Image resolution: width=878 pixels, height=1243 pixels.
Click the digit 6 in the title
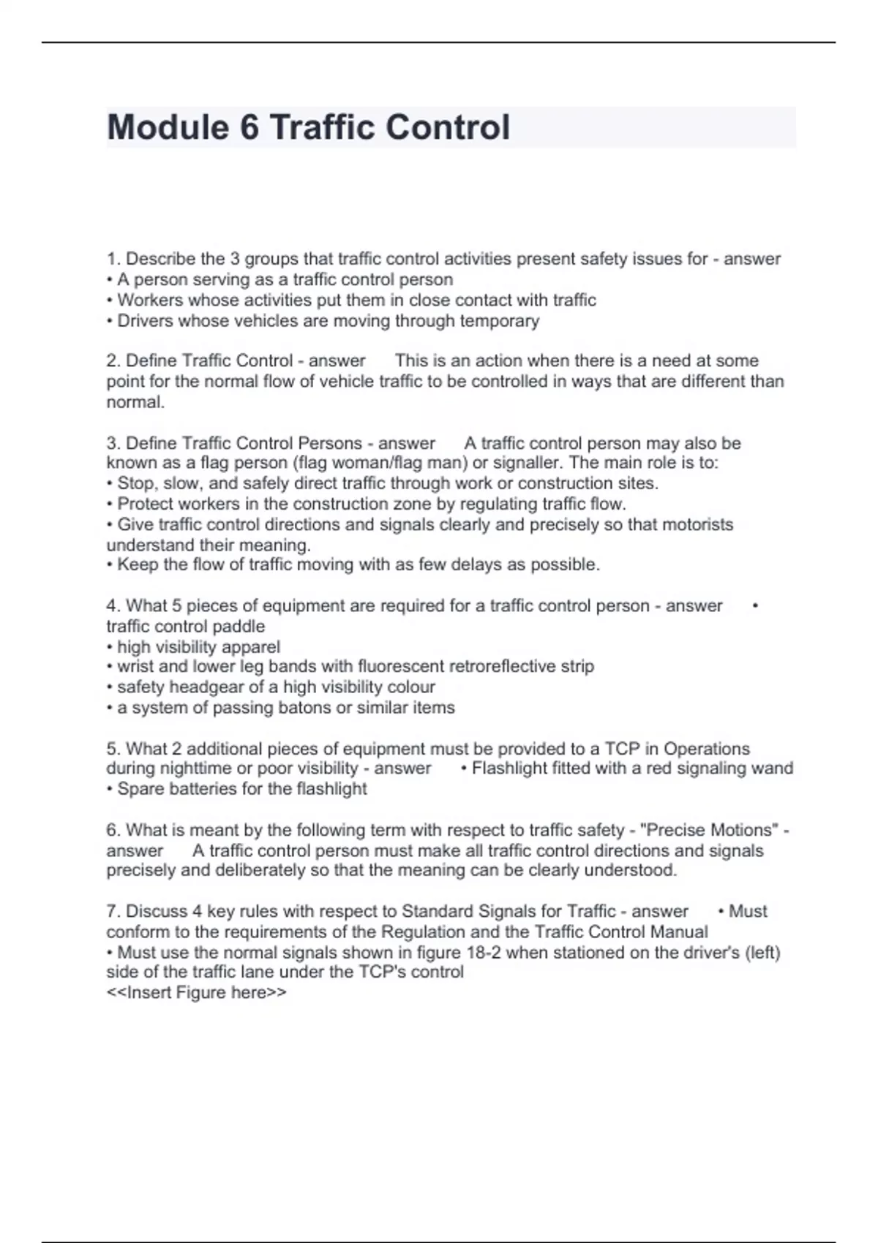coord(249,127)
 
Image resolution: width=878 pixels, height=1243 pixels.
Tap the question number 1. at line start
coord(113,259)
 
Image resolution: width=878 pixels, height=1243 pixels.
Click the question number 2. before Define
coord(113,360)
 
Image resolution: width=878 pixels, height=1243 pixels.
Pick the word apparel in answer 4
coord(251,647)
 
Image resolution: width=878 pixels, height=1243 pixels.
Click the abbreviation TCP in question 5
coord(623,749)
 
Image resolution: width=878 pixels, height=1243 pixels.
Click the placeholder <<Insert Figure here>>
coord(196,993)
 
